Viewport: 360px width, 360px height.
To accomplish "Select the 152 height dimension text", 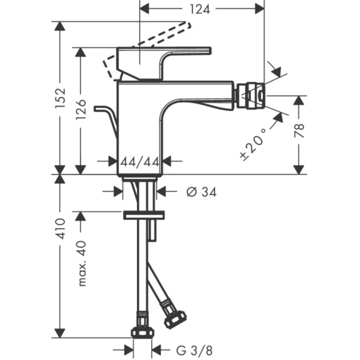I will [61, 98].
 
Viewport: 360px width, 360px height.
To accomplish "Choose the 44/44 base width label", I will [140, 162].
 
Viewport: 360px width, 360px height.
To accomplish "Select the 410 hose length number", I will [61, 228].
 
